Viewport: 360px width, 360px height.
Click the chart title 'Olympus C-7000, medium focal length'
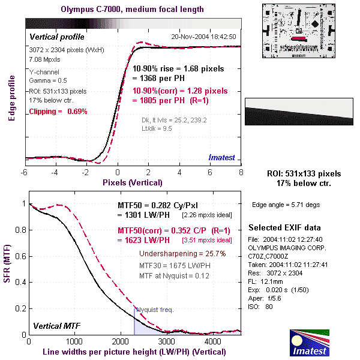tap(133, 10)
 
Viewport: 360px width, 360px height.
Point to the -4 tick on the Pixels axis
tap(55, 173)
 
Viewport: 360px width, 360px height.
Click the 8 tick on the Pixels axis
tap(241, 173)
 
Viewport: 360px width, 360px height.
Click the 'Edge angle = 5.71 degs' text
tap(286, 205)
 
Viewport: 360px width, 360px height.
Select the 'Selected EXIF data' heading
tap(284, 228)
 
